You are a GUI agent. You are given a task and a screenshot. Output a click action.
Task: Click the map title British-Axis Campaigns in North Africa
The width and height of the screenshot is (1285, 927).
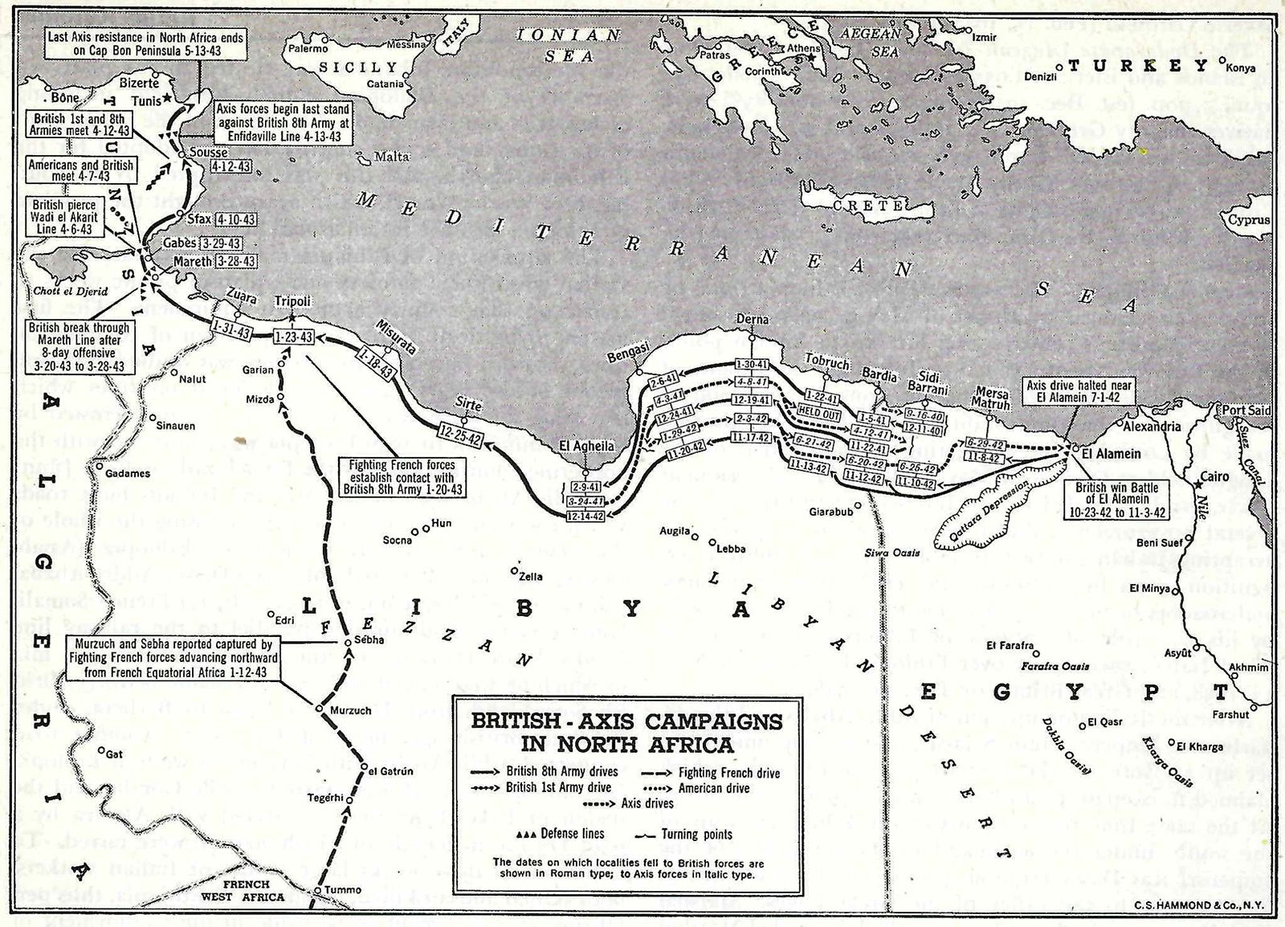626,731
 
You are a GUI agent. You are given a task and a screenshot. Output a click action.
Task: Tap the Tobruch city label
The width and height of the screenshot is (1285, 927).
826,363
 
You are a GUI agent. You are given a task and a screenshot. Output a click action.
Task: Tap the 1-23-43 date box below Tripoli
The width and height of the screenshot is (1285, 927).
293,337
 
